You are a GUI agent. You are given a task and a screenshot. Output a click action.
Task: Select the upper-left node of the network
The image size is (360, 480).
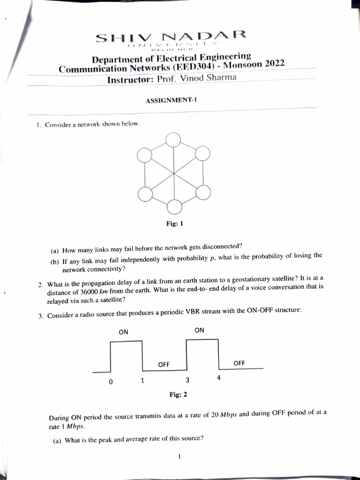pos(145,155)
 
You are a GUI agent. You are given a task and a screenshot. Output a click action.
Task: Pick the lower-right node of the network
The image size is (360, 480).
pos(203,193)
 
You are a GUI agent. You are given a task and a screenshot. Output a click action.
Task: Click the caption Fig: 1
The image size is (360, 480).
pos(174,224)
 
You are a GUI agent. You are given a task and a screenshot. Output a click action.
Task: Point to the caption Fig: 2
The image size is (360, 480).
pos(178,395)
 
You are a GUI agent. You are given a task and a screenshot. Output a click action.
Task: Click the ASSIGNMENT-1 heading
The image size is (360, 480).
pos(167,100)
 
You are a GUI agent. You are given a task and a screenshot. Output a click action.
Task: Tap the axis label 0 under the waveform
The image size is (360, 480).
pos(111,382)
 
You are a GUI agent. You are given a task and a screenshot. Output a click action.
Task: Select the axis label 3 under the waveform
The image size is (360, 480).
pos(187,380)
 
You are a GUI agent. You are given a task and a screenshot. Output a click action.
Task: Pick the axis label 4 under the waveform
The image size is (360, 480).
pos(218,378)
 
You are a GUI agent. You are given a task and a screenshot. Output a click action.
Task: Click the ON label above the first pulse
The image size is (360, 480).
pos(123,332)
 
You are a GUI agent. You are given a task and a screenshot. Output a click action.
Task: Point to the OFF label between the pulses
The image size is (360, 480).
pos(164,364)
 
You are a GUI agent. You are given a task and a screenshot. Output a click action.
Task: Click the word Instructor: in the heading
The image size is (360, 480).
pos(130,80)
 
